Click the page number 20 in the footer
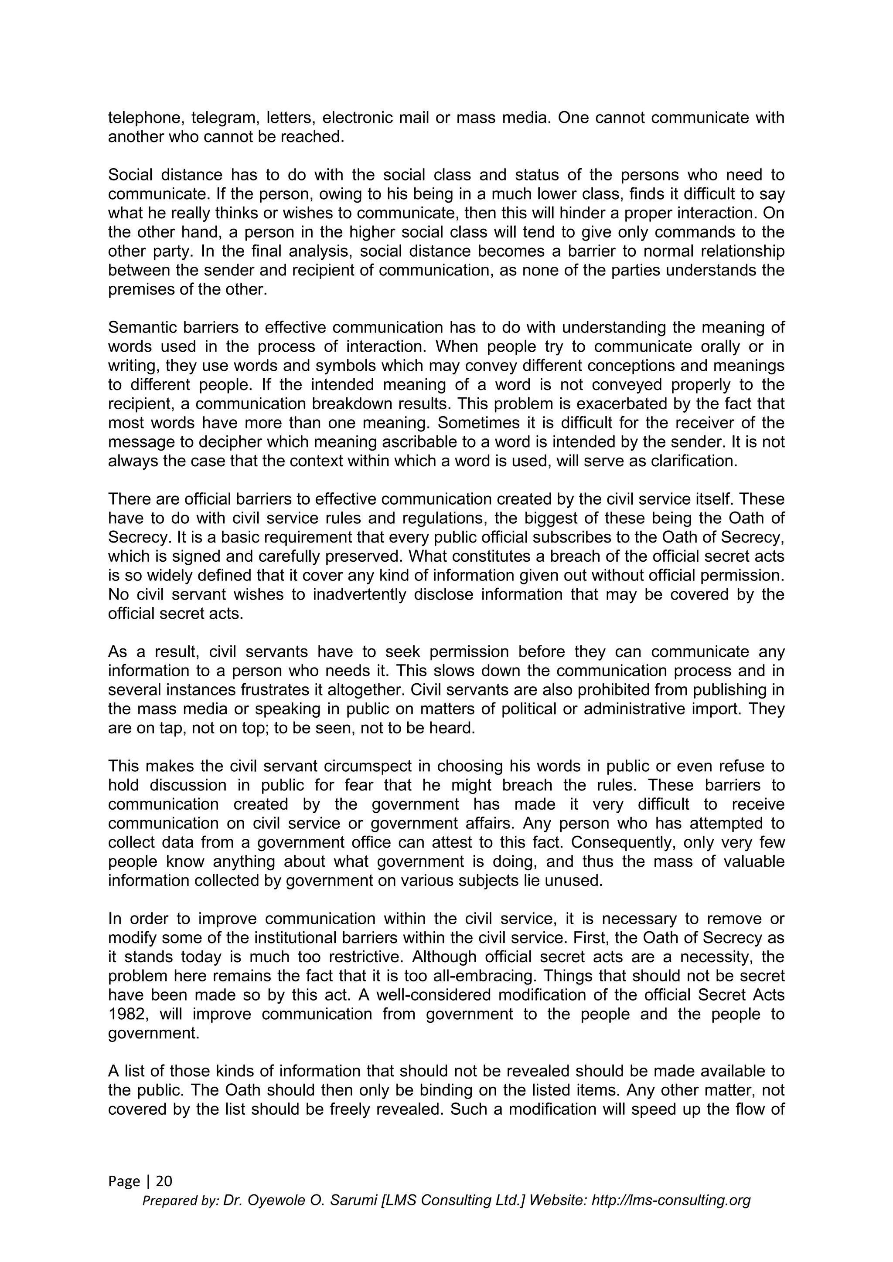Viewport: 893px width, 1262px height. (x=164, y=1181)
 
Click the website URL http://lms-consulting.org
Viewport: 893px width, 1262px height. (x=671, y=1201)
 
